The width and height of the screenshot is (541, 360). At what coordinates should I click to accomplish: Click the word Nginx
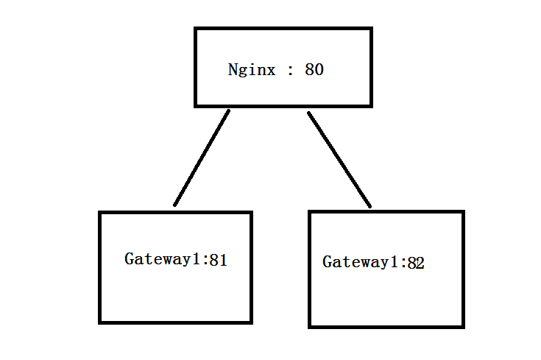tap(252, 71)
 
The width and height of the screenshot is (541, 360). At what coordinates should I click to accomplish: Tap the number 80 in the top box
tap(314, 71)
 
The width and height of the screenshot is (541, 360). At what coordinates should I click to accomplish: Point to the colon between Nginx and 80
tap(291, 71)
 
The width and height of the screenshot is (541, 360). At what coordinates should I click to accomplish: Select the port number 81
tap(218, 260)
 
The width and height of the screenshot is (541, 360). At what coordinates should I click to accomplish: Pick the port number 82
tap(416, 263)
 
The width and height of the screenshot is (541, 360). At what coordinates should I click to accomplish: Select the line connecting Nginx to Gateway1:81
tap(202, 158)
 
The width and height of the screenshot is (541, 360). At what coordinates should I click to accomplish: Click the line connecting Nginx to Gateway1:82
tap(339, 159)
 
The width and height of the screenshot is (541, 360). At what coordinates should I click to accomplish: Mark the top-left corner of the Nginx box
tap(196, 29)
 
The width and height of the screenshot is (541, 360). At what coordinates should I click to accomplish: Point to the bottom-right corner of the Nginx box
tap(371, 105)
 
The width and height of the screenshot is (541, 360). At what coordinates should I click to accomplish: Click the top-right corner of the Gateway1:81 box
tap(251, 213)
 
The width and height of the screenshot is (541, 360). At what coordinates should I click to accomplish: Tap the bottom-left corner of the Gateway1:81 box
tap(100, 322)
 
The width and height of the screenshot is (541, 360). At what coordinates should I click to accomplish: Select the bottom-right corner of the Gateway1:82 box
tap(463, 326)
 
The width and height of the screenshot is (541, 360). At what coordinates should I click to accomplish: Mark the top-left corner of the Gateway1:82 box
tap(310, 212)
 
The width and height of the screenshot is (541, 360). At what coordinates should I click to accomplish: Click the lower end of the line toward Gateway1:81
tap(174, 205)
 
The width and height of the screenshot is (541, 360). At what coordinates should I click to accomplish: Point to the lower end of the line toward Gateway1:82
tap(369, 206)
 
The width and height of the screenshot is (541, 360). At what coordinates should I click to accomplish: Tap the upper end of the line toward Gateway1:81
tap(228, 111)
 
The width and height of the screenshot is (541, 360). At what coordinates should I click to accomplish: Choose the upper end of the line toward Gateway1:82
tap(308, 113)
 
